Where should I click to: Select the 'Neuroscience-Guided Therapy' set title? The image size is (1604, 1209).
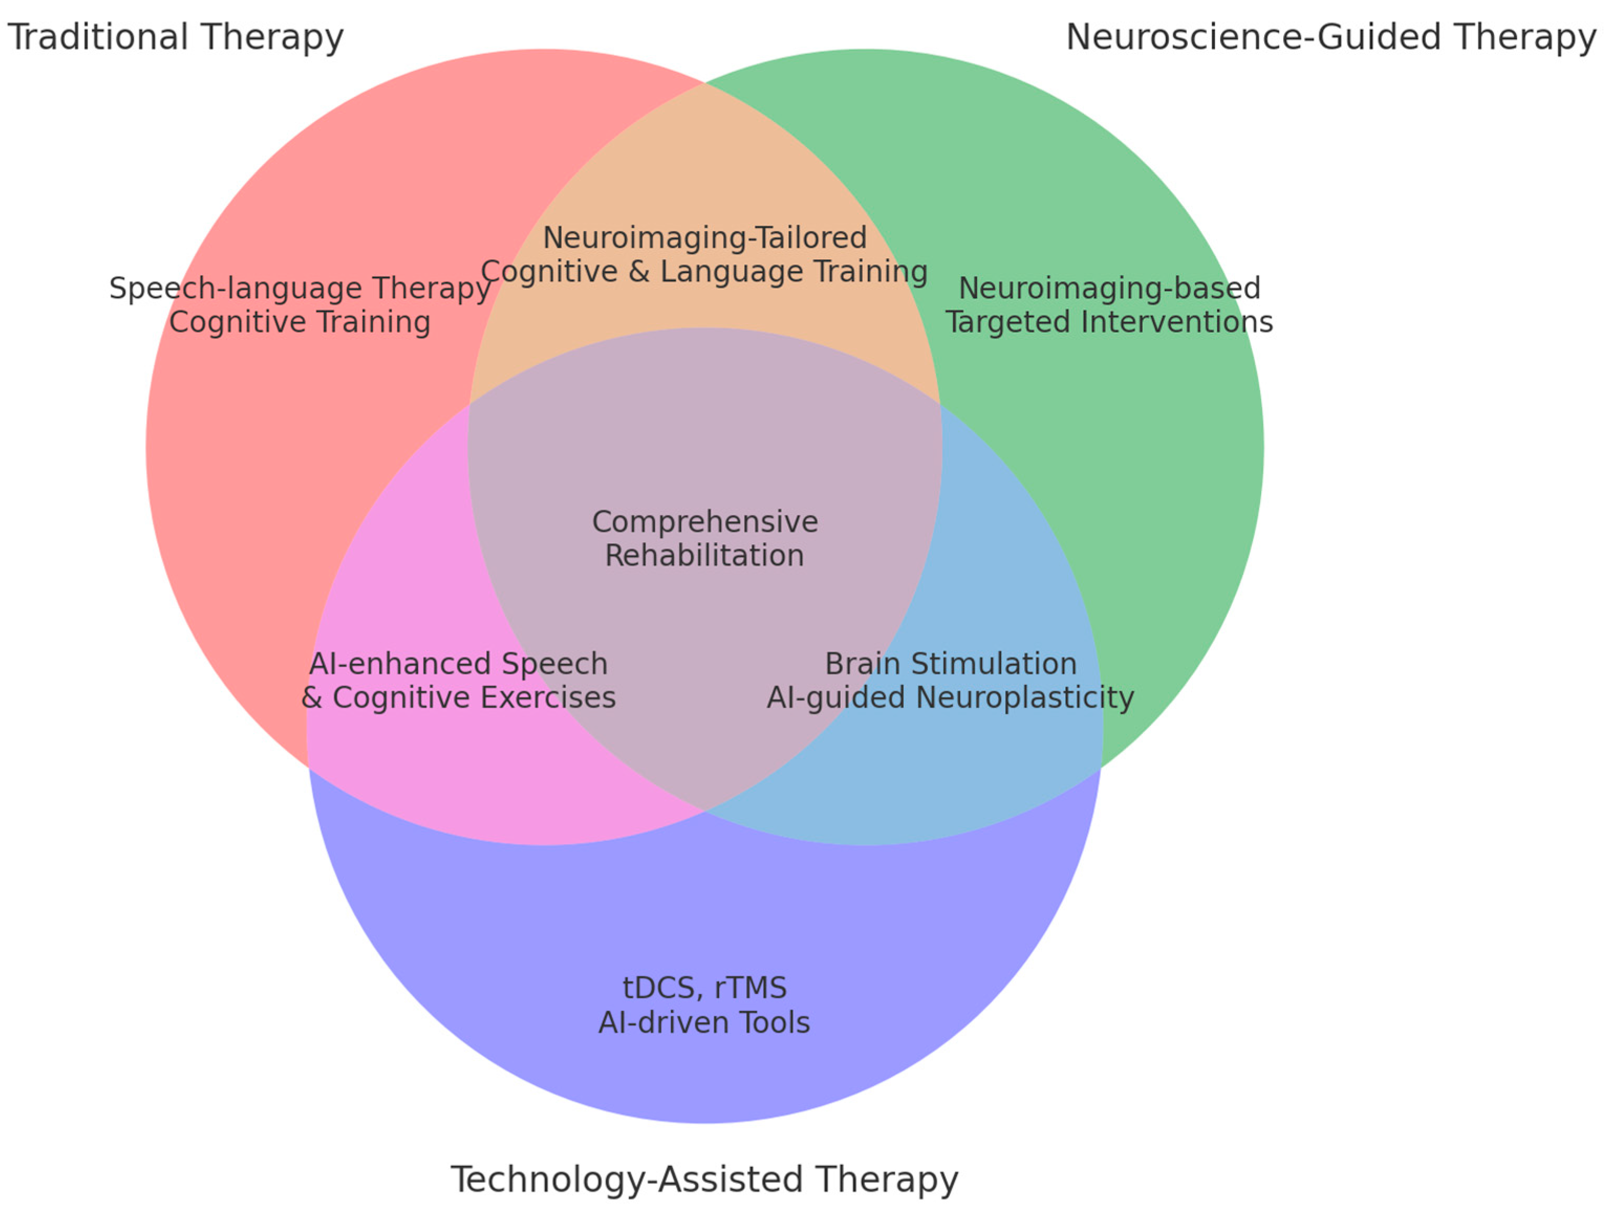coord(1330,37)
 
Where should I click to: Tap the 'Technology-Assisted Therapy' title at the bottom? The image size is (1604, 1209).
coord(704,1179)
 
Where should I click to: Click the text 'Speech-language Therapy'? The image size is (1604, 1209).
coord(299,289)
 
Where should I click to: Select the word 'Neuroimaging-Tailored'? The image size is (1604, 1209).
coord(704,238)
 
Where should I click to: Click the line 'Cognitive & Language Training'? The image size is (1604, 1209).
coord(704,272)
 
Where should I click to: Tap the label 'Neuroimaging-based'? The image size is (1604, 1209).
coord(1109,289)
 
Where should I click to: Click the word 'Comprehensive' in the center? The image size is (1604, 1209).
coord(704,522)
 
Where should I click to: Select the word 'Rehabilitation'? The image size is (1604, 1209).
coord(704,556)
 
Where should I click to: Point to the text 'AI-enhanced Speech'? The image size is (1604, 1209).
coord(458,664)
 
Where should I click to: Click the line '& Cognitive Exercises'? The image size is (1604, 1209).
coord(458,698)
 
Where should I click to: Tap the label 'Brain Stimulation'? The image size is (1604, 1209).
coord(951,664)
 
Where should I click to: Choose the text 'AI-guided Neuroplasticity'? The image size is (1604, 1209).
coord(951,698)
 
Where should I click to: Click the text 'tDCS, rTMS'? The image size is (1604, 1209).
coord(704,988)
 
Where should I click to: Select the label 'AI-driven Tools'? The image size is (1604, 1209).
coord(704,1023)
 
